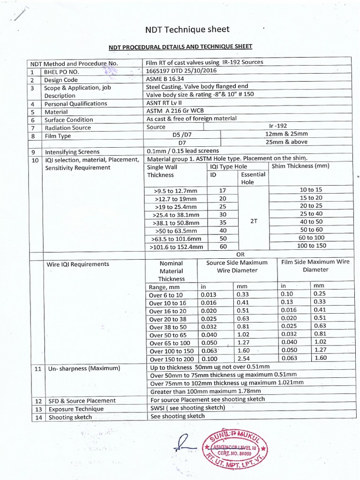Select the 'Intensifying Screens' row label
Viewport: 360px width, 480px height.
(x=72, y=152)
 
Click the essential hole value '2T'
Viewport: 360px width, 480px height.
(x=254, y=221)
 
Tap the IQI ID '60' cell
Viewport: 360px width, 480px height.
(x=223, y=246)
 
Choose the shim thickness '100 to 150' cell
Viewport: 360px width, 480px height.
(x=311, y=245)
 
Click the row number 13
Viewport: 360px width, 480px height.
(x=38, y=409)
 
